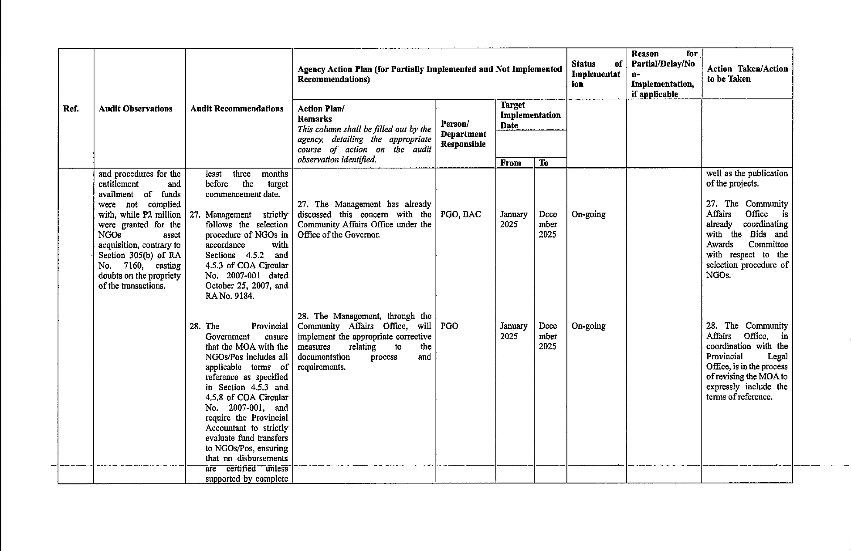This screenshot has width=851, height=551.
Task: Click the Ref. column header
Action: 71,109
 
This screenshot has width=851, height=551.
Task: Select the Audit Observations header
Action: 136,109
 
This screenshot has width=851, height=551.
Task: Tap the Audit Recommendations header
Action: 237,109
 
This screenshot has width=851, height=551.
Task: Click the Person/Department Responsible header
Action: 463,134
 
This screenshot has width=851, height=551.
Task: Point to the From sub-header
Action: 511,163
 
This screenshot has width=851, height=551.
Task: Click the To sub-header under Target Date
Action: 543,163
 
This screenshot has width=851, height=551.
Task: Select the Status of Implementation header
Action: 596,74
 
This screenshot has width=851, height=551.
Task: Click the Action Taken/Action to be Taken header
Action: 747,74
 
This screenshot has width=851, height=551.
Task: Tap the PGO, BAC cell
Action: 461,214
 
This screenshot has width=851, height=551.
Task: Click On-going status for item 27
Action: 588,214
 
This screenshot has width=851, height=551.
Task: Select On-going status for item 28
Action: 588,326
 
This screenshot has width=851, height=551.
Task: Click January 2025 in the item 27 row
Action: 513,220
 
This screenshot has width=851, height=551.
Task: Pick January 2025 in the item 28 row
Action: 513,331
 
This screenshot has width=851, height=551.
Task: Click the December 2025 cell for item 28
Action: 548,336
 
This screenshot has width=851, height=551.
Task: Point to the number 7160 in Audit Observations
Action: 134,266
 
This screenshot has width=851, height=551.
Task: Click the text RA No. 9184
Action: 230,296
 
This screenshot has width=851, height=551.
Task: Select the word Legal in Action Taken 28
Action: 777,357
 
